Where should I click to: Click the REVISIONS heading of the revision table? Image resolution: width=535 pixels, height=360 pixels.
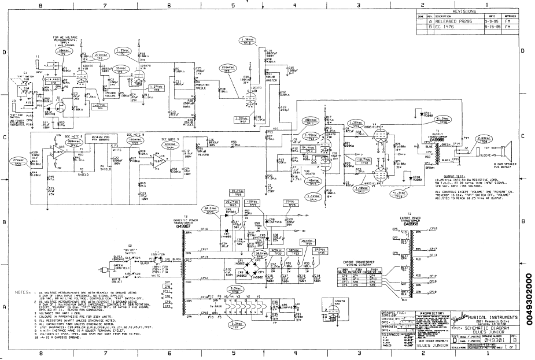(464, 11)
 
